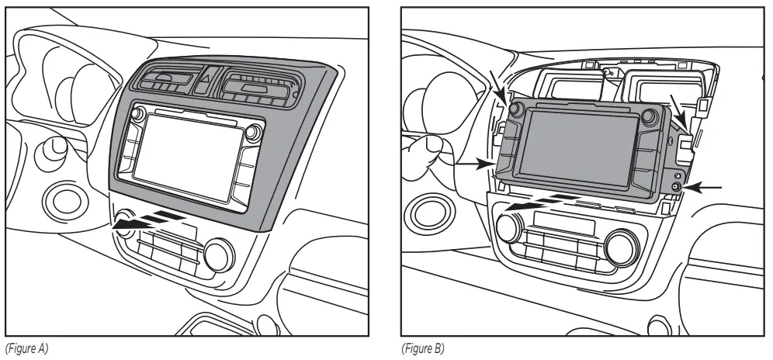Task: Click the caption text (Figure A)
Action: point(26,348)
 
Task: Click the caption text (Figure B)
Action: point(422,348)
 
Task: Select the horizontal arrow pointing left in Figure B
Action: point(706,187)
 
